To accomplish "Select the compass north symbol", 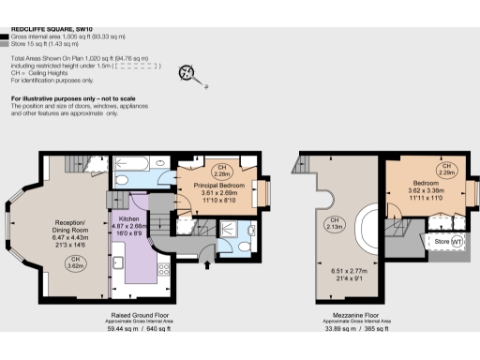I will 187,73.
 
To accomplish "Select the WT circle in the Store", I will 457,242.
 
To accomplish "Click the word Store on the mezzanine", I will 440,242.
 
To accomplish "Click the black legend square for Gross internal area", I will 6,36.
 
